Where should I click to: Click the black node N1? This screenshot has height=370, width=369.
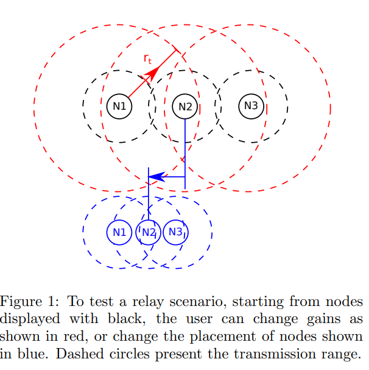tap(119, 107)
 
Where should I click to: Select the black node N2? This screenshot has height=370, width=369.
tap(185, 107)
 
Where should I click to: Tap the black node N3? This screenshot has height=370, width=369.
tap(251, 106)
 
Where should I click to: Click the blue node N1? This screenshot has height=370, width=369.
tap(119, 232)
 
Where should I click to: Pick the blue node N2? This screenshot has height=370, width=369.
tap(149, 232)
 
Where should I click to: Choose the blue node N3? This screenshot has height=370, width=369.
tap(175, 232)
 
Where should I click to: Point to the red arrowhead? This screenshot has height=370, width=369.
tap(153, 73)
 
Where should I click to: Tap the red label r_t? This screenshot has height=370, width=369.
tap(147, 59)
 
